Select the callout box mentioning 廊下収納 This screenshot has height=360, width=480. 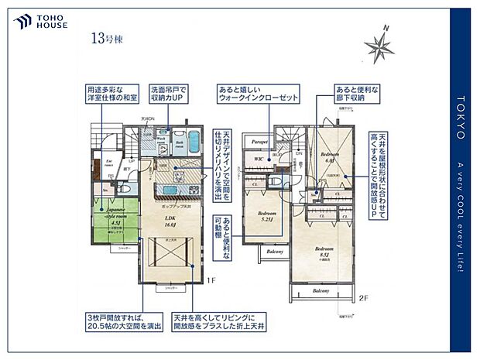[x=357, y=94]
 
